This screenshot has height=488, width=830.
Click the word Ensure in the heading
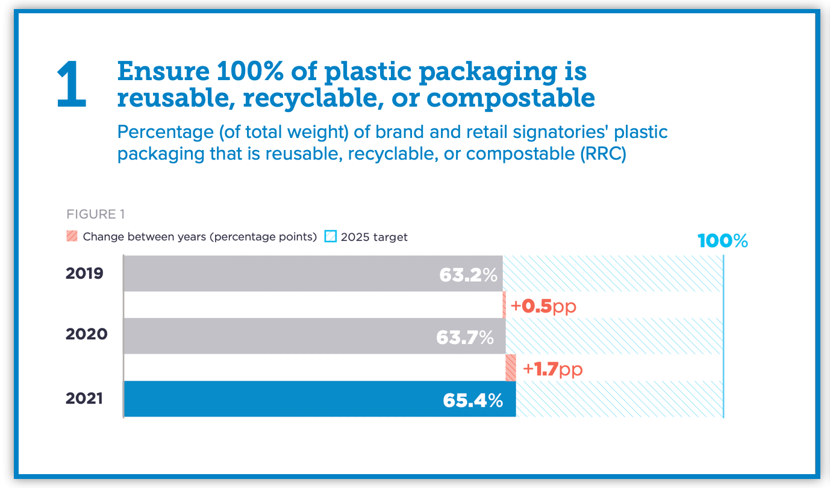(157, 72)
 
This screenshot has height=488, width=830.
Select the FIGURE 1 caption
(95, 214)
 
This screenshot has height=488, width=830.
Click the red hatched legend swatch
(72, 236)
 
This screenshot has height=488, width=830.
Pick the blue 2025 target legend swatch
(330, 236)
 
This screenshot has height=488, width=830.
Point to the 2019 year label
(85, 274)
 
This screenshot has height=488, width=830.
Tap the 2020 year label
(86, 334)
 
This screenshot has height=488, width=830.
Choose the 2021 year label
(85, 398)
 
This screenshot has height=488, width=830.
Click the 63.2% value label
(468, 275)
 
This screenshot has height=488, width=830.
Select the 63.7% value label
(465, 337)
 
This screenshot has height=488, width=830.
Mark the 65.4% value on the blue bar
(472, 400)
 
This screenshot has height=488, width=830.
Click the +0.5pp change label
(543, 306)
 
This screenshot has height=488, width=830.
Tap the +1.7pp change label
(552, 369)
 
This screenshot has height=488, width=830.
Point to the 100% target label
(722, 242)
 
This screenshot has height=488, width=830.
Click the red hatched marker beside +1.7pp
(511, 368)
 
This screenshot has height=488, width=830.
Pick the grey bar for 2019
(277, 274)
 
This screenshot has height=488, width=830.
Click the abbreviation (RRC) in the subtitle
(604, 154)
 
